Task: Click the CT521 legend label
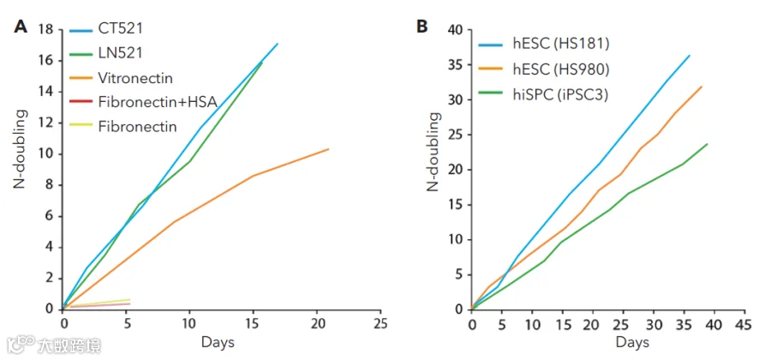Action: click(x=121, y=28)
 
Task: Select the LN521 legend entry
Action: click(x=120, y=52)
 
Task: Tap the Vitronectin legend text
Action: click(x=135, y=78)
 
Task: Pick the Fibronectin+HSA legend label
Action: click(x=158, y=103)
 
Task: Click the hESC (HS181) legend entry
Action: click(x=561, y=44)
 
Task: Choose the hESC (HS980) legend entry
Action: click(x=561, y=70)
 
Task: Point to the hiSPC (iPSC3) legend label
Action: click(x=560, y=95)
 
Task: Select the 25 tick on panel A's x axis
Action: click(x=380, y=324)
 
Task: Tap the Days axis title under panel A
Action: click(x=218, y=342)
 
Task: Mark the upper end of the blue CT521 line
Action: click(x=278, y=44)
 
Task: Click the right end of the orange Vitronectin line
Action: click(x=328, y=149)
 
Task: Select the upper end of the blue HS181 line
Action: click(x=690, y=56)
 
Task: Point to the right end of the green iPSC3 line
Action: click(x=707, y=144)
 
